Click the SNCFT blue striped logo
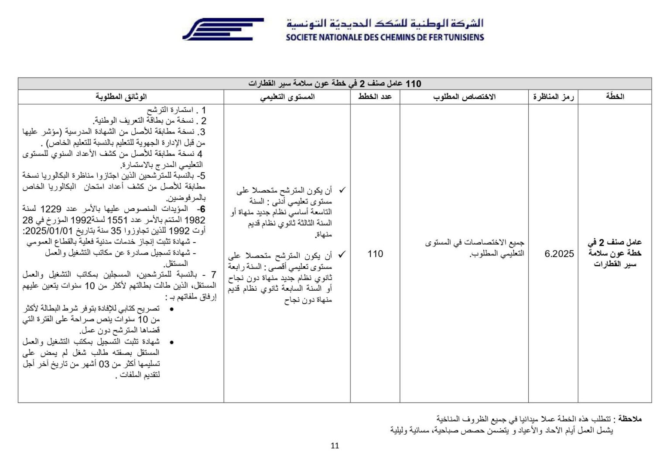[222, 29]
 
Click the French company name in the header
[385, 38]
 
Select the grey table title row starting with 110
[335, 83]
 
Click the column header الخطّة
[615, 96]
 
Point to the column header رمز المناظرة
[553, 96]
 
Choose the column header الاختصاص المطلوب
[464, 96]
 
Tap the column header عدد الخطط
[375, 96]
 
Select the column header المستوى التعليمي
[287, 96]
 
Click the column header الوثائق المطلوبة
[121, 96]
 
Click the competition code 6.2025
[559, 254]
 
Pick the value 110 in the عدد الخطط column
[375, 254]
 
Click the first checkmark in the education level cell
[342, 190]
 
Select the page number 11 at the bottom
[335, 446]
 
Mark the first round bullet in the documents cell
[171, 309]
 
